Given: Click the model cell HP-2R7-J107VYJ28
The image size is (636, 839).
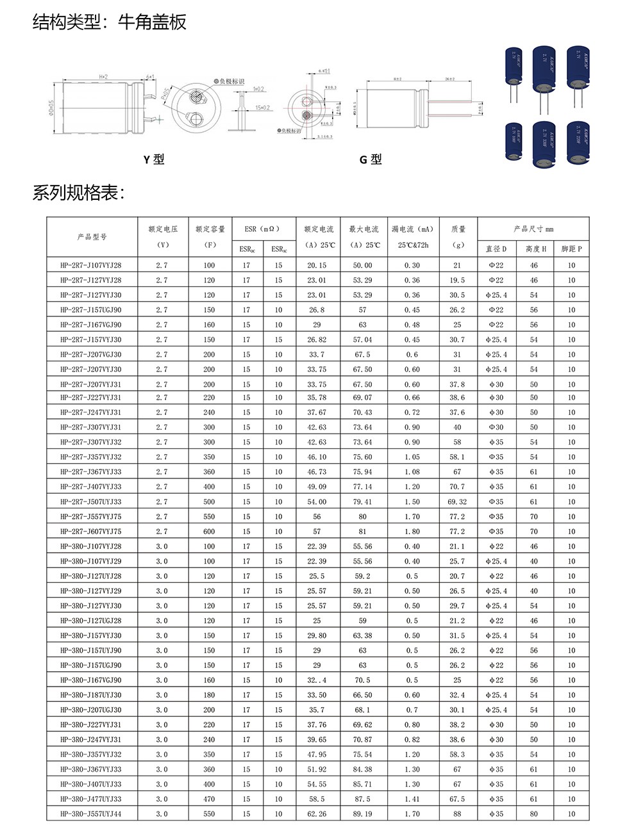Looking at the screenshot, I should [x=91, y=265].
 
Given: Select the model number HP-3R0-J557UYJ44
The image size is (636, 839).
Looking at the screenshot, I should [x=91, y=814].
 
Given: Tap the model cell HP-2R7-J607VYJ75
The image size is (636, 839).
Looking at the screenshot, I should [x=91, y=532].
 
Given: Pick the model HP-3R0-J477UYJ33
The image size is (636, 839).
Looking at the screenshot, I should [x=91, y=799].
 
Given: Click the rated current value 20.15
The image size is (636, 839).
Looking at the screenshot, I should [x=317, y=265].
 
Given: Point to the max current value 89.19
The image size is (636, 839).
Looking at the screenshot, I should [x=362, y=814].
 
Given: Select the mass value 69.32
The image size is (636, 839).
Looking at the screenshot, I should [x=457, y=502].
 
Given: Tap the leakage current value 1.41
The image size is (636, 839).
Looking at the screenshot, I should [x=412, y=799].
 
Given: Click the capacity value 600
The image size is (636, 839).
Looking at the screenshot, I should [x=209, y=532].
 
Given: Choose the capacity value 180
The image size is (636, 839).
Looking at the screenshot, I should [x=209, y=695].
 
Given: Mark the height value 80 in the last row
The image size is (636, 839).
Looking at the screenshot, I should [x=533, y=814].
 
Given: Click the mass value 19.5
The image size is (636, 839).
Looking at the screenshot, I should [x=457, y=281].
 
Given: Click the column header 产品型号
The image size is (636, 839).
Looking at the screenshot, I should [x=92, y=237].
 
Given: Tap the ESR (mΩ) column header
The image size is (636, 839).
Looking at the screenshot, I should [x=262, y=229].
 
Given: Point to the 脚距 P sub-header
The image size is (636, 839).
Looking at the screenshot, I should [x=571, y=248].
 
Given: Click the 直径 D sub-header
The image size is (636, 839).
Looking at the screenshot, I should [x=496, y=248].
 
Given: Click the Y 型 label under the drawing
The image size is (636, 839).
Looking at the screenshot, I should [x=154, y=159].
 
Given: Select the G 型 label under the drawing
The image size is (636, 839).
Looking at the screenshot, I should [x=371, y=159].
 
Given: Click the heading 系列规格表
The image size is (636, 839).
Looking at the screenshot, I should [x=78, y=193].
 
